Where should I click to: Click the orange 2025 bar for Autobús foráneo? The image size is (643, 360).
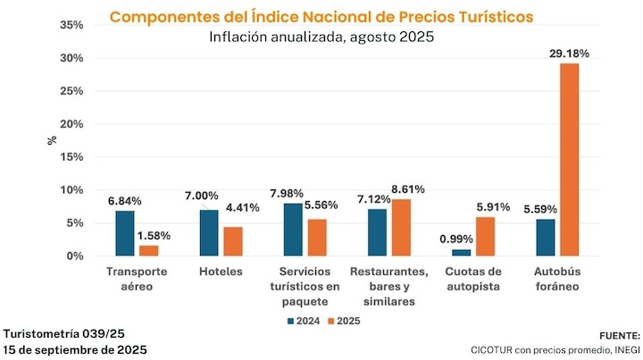tap(569, 159)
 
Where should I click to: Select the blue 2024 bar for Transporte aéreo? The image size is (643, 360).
tap(125, 233)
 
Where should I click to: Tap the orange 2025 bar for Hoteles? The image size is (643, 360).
tap(232, 241)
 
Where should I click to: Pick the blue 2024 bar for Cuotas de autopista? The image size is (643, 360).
tap(461, 253)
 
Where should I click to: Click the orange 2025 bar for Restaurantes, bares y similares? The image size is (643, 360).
tap(401, 228)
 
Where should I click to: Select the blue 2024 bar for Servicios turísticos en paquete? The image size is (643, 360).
tap(293, 230)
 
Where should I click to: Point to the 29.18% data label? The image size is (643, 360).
tap(568, 54)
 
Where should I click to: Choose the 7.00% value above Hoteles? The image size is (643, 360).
tap(201, 196)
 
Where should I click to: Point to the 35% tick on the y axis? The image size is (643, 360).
tap(71, 25)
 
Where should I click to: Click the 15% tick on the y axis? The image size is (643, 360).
tap(71, 157)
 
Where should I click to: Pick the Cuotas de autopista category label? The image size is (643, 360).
tap(474, 278)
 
